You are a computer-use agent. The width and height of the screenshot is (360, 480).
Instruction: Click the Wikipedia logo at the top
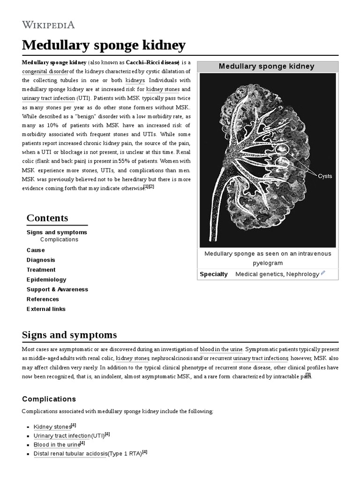click(x=48, y=25)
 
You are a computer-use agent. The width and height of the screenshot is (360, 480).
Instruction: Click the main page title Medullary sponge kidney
click(x=104, y=45)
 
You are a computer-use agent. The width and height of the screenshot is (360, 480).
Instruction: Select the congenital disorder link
click(x=45, y=71)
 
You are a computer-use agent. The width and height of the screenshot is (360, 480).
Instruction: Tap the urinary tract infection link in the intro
click(x=48, y=98)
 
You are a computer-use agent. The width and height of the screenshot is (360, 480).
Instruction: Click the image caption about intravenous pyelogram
click(x=267, y=258)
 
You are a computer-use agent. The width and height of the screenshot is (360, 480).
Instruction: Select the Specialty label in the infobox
click(x=214, y=274)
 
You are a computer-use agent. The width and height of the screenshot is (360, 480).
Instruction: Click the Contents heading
click(x=47, y=218)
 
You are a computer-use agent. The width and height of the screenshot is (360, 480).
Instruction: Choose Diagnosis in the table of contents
click(x=41, y=260)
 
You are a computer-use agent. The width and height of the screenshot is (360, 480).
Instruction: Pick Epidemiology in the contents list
click(x=46, y=279)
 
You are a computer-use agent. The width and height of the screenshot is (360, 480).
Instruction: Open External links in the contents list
click(x=46, y=309)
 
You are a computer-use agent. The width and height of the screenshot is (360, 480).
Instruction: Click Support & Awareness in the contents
click(x=57, y=289)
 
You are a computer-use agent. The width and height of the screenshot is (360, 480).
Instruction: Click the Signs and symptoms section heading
click(x=69, y=335)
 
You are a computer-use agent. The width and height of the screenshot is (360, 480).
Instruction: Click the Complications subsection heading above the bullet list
click(x=49, y=399)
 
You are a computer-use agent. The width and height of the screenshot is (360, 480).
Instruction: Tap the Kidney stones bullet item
click(x=52, y=427)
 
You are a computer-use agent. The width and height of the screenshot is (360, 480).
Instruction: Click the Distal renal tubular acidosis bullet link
click(x=70, y=454)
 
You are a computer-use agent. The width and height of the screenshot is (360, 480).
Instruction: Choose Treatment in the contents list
click(x=41, y=270)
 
